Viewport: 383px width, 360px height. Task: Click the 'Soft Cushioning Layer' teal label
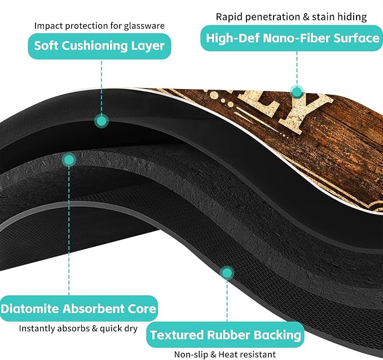coord(99,46)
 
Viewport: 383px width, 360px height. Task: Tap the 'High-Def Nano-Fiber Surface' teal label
coord(292,38)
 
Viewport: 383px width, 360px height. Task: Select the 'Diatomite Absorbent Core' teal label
coord(78,309)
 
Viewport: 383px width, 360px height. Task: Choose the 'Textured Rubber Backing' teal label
coord(225,335)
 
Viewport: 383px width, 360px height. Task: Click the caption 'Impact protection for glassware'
coord(99,25)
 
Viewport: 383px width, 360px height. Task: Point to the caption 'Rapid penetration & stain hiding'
coord(292,17)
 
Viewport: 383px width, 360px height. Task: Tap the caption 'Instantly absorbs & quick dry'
coord(78,328)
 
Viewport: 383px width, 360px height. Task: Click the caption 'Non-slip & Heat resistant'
coord(225,354)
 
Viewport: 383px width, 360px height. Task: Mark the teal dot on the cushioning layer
coord(102,121)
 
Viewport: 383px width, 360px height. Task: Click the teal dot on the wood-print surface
coord(297,92)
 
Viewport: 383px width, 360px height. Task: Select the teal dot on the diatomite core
coord(69,160)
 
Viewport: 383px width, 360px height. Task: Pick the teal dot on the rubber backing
coord(227,273)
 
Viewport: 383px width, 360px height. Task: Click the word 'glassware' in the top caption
coord(144,26)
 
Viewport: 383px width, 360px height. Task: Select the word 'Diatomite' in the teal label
coord(30,309)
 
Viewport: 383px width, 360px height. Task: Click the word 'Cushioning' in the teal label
coord(95,46)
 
